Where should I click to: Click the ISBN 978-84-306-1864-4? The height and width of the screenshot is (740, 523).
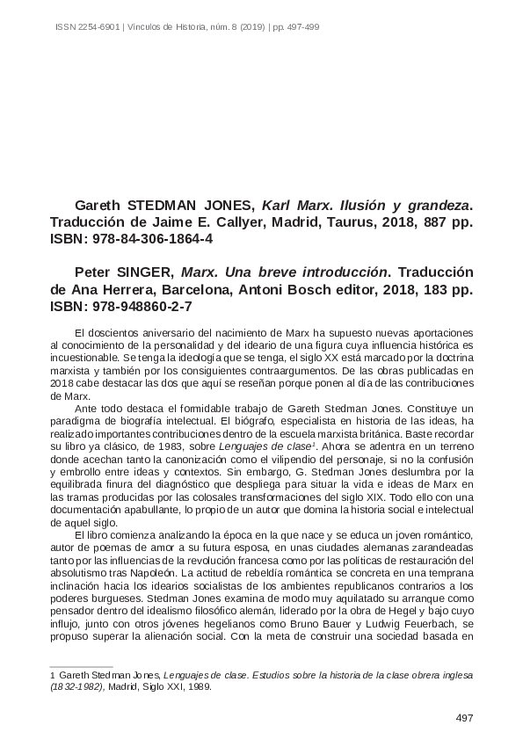pyautogui.click(x=151, y=239)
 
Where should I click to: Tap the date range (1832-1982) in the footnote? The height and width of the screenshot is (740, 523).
pyautogui.click(x=76, y=688)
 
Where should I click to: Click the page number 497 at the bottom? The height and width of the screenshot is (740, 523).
pyautogui.click(x=465, y=718)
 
